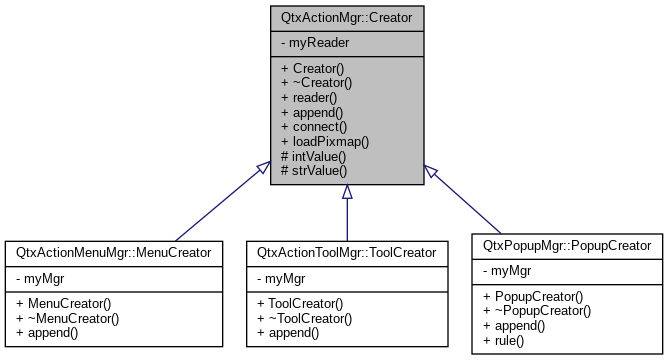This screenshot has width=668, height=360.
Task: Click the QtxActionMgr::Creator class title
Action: coord(346,17)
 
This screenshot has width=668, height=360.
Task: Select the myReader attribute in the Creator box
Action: coord(317,45)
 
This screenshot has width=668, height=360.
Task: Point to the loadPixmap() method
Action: coord(326,142)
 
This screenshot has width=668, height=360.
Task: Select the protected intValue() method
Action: coord(314,157)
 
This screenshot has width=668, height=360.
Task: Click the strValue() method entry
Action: coord(314,172)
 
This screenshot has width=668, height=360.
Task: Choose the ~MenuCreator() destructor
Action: coord(67,318)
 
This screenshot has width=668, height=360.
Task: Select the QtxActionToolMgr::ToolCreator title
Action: coord(346,253)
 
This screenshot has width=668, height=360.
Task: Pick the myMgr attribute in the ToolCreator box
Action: coord(284,279)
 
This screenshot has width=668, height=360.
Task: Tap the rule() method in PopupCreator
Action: coord(504,341)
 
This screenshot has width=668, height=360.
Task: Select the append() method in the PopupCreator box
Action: coord(514,326)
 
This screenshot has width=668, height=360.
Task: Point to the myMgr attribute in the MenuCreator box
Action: coord(43,279)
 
